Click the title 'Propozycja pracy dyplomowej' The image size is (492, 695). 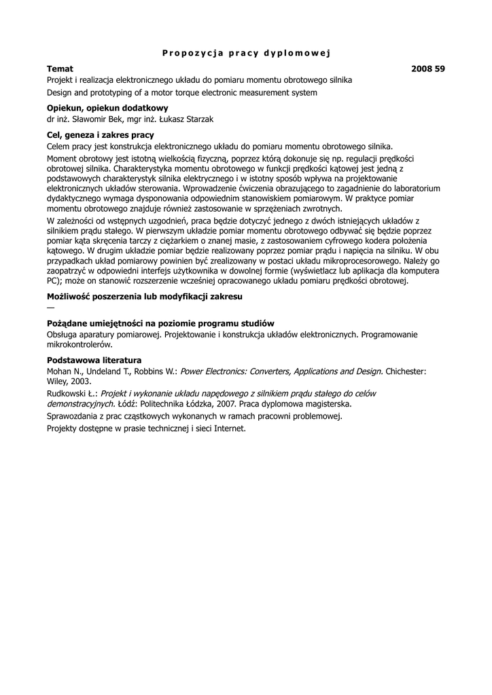(x=245, y=53)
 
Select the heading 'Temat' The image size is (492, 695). (x=60, y=69)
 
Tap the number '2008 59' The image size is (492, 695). (x=428, y=69)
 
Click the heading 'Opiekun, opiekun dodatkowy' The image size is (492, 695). (x=107, y=108)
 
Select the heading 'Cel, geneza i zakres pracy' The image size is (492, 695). (x=101, y=135)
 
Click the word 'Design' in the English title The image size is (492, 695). (x=60, y=92)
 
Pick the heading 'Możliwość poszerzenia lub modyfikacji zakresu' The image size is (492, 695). (x=144, y=297)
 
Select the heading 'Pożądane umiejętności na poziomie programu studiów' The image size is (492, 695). (x=160, y=323)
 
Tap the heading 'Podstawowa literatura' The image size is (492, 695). (x=94, y=360)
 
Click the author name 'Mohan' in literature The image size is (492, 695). (x=60, y=371)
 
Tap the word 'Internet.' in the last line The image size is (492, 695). (x=228, y=428)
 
